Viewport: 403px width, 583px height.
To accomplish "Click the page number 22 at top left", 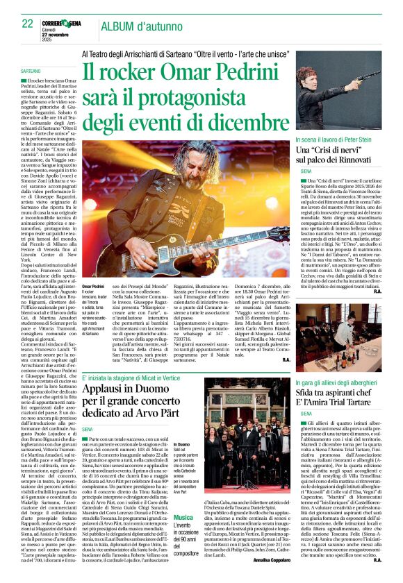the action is coord(28,24).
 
